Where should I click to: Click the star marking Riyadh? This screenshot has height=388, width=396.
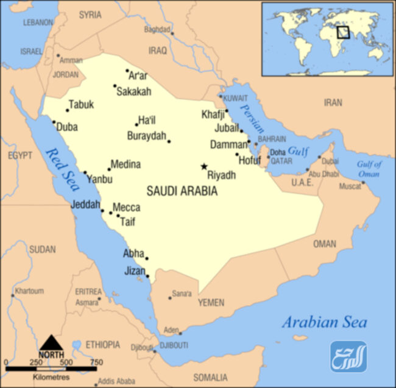(x=204, y=166)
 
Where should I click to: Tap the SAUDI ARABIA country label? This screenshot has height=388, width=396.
(x=182, y=191)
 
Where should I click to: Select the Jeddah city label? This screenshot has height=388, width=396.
(x=85, y=205)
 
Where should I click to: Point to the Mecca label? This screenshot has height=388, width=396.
(x=126, y=208)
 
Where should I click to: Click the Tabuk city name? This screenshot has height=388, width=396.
(x=81, y=105)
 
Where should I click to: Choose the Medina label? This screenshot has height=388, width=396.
(x=126, y=164)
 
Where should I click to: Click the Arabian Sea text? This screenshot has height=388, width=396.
(x=324, y=323)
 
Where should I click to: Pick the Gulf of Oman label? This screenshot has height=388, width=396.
(x=368, y=169)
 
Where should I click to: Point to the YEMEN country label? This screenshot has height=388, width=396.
(x=211, y=303)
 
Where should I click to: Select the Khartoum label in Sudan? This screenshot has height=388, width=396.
(x=29, y=291)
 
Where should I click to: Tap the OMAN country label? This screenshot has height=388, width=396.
(x=324, y=244)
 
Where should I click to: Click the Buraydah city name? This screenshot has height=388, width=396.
(x=146, y=135)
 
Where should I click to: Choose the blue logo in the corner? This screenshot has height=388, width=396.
(x=348, y=356)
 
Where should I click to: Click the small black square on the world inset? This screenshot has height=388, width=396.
(x=344, y=31)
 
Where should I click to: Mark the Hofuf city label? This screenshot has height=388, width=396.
(x=250, y=161)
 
